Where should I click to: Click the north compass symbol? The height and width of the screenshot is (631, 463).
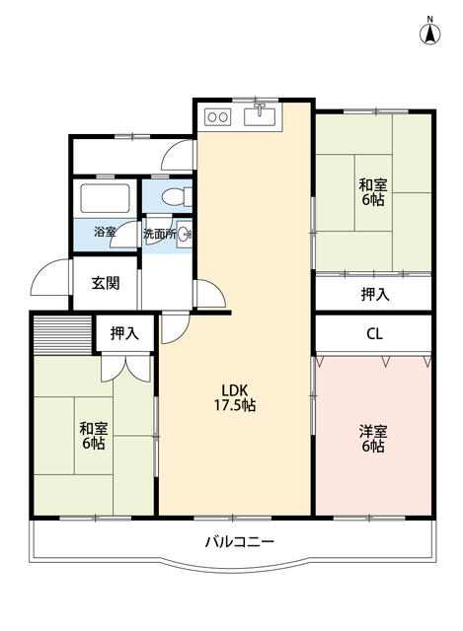(x=430, y=32)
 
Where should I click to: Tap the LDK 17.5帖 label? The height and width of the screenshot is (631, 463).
(x=234, y=397)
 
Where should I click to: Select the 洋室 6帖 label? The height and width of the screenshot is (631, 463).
(x=373, y=439)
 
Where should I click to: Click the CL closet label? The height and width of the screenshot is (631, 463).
(x=374, y=333)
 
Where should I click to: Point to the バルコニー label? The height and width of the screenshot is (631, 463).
(x=240, y=541)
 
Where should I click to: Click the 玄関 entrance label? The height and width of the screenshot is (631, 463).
(x=106, y=283)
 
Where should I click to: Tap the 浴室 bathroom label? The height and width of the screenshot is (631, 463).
(x=105, y=232)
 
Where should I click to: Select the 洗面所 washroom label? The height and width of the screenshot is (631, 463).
(x=160, y=234)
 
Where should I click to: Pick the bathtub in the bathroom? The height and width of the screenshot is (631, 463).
(x=106, y=198)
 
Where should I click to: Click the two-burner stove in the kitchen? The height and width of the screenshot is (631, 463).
(x=217, y=117)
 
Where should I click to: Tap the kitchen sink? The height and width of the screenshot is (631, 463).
(x=260, y=116)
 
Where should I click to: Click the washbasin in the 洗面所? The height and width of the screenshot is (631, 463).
(x=185, y=234)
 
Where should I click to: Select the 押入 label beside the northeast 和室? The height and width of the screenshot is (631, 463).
(x=375, y=295)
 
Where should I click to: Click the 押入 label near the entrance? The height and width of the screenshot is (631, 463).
(x=124, y=333)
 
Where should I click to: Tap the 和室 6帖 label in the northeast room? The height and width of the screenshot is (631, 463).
(x=373, y=192)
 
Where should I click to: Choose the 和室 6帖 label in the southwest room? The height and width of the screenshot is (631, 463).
(x=94, y=436)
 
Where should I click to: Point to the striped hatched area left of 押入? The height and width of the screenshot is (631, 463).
(x=62, y=334)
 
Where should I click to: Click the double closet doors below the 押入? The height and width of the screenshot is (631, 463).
(x=125, y=368)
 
